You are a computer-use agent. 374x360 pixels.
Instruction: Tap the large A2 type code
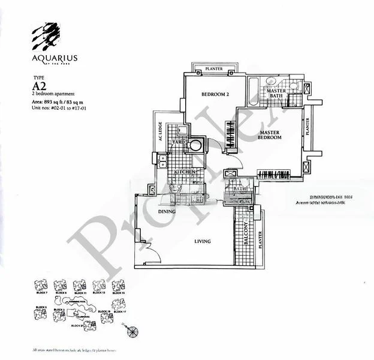[40, 86]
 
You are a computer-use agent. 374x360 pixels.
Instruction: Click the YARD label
[179, 142]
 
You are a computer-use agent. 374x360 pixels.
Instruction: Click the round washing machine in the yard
[195, 145]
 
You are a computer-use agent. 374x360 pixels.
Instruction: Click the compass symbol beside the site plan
[132, 329]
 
